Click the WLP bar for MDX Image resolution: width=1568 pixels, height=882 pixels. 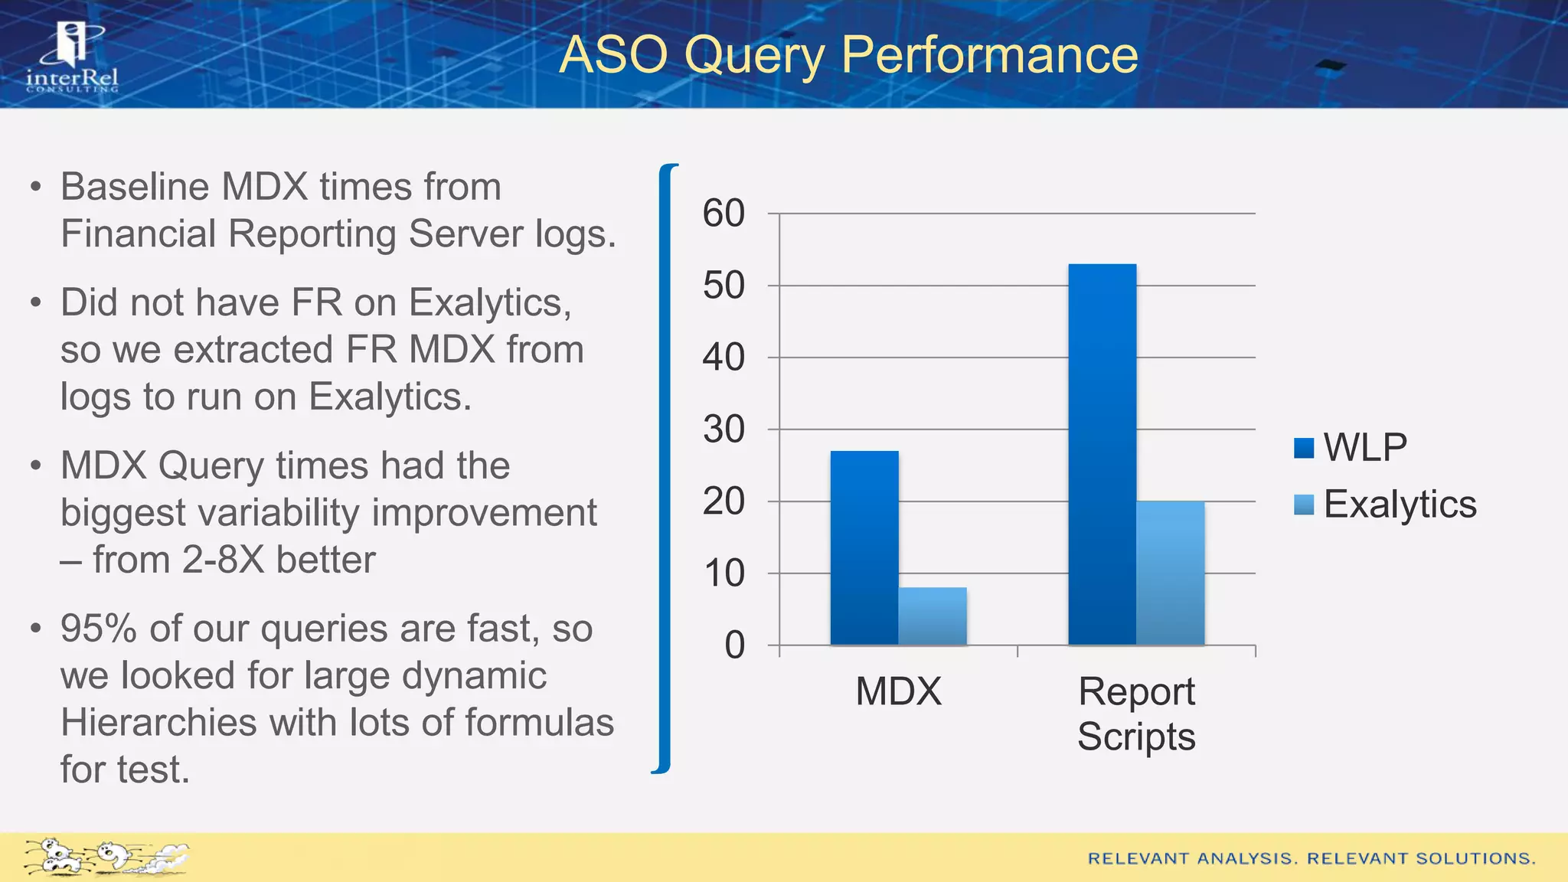coord(864,547)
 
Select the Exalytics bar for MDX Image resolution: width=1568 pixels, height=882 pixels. coord(933,616)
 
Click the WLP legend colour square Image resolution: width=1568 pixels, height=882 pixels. coord(1304,448)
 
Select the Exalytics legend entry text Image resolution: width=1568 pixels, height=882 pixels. coord(1400,505)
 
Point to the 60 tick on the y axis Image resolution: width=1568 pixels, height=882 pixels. coord(724,214)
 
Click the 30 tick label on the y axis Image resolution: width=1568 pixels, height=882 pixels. coord(724,430)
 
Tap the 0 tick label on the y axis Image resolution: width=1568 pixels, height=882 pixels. coord(734,645)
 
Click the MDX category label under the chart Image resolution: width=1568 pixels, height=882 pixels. coord(898,691)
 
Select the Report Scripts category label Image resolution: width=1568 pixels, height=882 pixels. coord(1136,714)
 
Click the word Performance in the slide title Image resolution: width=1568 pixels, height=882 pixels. coord(989,55)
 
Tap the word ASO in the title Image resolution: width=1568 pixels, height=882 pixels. coord(613,55)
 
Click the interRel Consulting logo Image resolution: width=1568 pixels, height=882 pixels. coord(73,57)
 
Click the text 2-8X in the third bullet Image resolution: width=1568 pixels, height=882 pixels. coord(223,560)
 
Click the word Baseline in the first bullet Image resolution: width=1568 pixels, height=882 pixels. coord(135,187)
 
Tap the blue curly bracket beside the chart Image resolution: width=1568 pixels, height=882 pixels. coord(665,468)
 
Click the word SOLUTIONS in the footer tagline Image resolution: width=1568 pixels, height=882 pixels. coord(1475,858)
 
